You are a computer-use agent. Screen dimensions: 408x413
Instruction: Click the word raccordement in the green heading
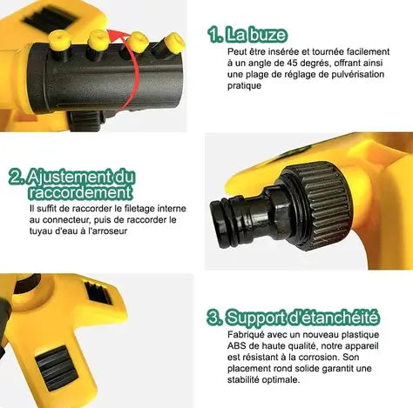coord(80,193)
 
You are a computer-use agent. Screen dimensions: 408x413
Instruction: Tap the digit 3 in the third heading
coord(214,317)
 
